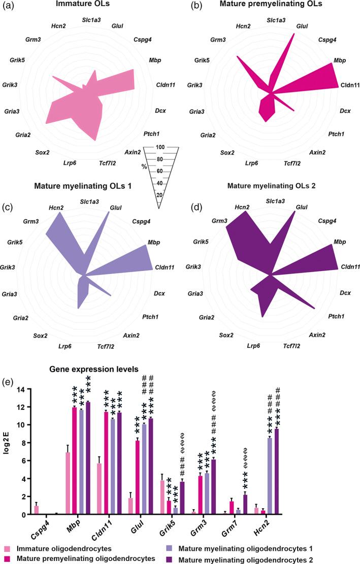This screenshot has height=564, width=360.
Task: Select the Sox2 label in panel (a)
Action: (x=43, y=152)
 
